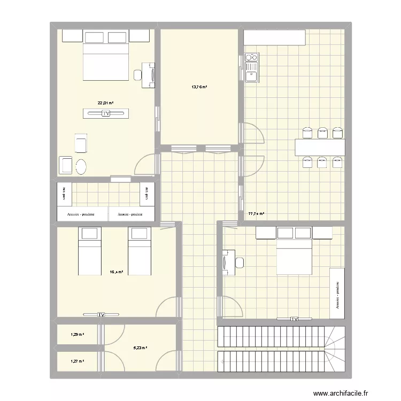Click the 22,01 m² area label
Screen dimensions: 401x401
[x=105, y=103]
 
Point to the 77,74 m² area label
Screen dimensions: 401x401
[x=256, y=214]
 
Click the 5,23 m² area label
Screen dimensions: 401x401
[x=140, y=348]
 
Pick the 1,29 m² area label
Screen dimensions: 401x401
[x=78, y=335]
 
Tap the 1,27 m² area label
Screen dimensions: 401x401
[x=78, y=361]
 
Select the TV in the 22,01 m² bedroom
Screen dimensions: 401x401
[x=106, y=113]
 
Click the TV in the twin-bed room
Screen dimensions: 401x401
[x=101, y=315]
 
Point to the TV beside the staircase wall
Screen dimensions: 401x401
[x=294, y=319]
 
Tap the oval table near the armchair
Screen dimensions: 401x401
[x=82, y=167]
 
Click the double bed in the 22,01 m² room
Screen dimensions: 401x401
[x=106, y=61]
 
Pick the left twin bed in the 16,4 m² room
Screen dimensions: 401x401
[x=89, y=251]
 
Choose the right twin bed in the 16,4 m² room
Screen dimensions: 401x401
[x=138, y=251]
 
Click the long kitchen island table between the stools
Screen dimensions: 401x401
[x=320, y=147]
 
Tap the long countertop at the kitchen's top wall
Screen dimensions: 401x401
[x=275, y=37]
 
